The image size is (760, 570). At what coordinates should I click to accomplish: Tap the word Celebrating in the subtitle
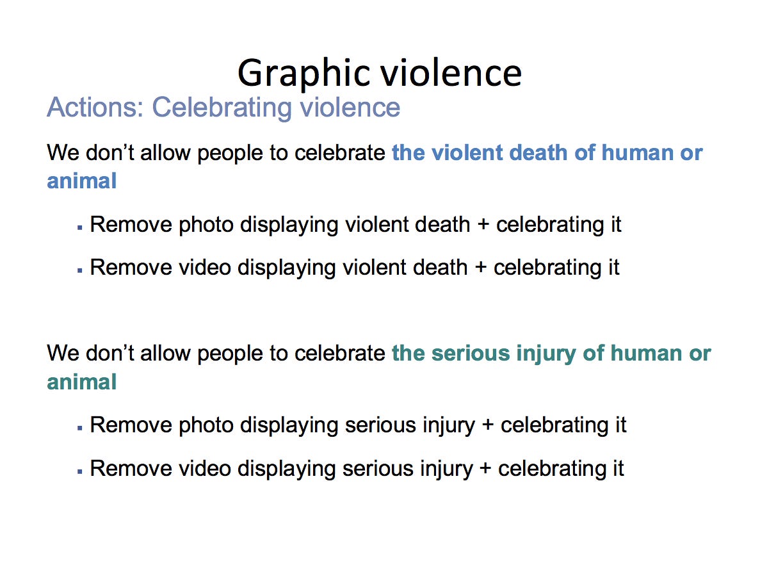click(x=222, y=108)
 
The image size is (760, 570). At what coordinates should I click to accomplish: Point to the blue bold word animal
click(x=82, y=181)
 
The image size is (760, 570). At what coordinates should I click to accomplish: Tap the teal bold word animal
click(x=82, y=382)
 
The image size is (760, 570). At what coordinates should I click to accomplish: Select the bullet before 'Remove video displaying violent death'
click(x=80, y=270)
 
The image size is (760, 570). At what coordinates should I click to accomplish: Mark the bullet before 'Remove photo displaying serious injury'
click(x=80, y=428)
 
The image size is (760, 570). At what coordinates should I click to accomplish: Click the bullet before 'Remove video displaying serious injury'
click(x=80, y=471)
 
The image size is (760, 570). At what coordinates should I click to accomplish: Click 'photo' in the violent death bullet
click(x=206, y=225)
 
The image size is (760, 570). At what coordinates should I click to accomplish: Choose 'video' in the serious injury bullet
click(x=205, y=468)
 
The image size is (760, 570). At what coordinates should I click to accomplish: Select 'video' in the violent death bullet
click(x=205, y=268)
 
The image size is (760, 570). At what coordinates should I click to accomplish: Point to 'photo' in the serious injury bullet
click(x=206, y=426)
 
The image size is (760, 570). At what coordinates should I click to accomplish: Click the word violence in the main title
click(x=451, y=74)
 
